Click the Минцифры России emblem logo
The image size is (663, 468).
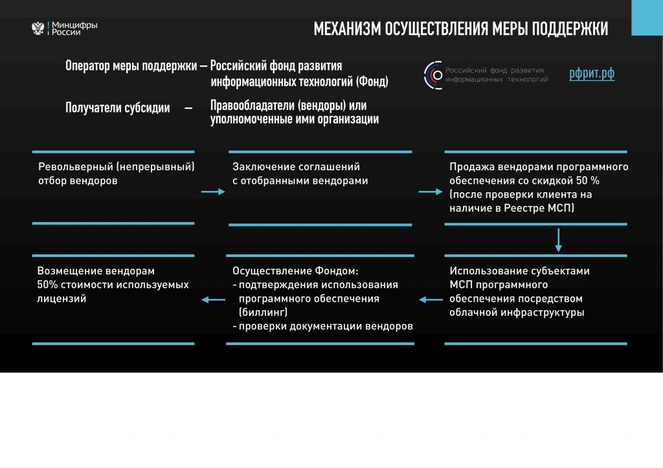(38, 28)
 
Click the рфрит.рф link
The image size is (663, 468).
(592, 74)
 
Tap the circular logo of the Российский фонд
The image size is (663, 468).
(433, 74)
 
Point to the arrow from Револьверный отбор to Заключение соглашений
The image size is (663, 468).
(212, 192)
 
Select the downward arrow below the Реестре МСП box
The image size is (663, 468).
(558, 240)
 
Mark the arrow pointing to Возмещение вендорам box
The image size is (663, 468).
(213, 300)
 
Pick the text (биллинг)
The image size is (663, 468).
(263, 313)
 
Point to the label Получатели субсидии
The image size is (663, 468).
(117, 108)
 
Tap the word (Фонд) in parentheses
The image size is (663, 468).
(372, 82)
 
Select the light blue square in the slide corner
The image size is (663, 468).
(646, 17)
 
